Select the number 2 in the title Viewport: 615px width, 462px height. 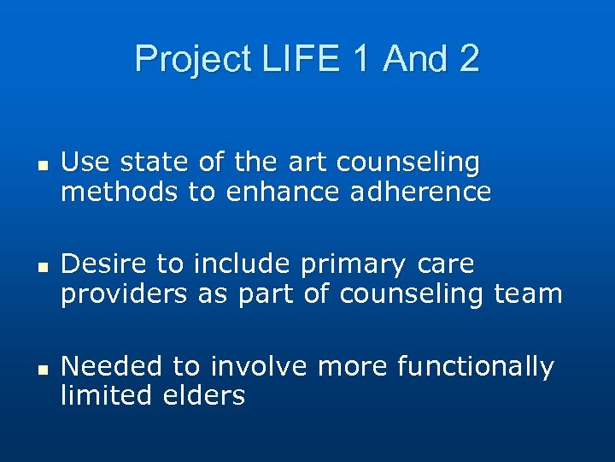468,59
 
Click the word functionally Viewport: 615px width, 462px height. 476,367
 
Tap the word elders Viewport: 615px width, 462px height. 204,395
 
